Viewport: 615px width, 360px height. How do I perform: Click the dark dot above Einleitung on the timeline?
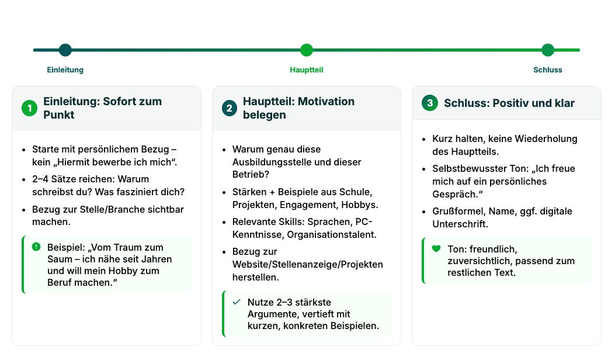tap(65, 50)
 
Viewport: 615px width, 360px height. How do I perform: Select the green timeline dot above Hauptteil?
tap(306, 50)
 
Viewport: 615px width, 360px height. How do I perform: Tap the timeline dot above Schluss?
tap(547, 50)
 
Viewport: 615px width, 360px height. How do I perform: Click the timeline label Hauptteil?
tap(306, 70)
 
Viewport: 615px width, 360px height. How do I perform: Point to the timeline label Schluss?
tap(547, 70)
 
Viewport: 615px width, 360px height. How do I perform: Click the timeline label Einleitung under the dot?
tap(65, 70)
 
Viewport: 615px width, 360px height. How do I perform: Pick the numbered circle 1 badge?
tap(29, 108)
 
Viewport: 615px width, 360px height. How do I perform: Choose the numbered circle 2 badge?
tap(230, 108)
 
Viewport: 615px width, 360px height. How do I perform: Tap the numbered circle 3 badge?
tap(430, 103)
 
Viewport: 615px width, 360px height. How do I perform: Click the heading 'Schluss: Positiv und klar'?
tap(509, 103)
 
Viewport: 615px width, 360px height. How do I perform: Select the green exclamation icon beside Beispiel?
tap(36, 247)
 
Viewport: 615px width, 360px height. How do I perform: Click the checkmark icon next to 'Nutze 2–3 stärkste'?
tap(236, 302)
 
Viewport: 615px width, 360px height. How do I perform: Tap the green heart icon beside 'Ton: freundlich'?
tap(436, 248)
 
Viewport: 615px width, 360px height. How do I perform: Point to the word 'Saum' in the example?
tap(60, 259)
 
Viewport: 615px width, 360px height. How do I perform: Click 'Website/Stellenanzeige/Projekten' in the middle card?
tap(307, 265)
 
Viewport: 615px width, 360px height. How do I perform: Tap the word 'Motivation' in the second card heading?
tap(326, 101)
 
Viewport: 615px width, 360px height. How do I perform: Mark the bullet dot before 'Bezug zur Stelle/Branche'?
tap(24, 210)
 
